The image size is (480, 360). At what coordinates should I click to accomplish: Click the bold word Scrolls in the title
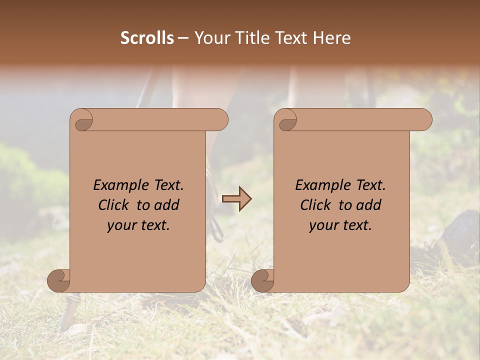(x=147, y=38)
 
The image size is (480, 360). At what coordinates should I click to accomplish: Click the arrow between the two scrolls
(x=237, y=199)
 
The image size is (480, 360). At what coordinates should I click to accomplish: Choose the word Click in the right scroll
(x=316, y=205)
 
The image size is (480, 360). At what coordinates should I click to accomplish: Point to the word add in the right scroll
(x=369, y=205)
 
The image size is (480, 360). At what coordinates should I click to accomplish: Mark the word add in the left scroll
(x=167, y=205)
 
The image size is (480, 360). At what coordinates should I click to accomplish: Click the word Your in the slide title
(x=210, y=38)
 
